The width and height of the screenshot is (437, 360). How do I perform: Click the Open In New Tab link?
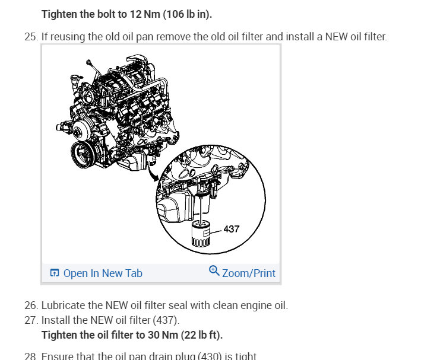(102, 273)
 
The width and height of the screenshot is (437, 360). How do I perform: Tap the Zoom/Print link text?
(248, 273)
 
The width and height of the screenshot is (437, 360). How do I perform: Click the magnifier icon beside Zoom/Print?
(214, 271)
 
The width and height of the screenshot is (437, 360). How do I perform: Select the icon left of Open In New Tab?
(55, 273)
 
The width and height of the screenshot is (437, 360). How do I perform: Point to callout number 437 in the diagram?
(231, 228)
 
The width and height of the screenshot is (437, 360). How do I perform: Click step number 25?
(30, 37)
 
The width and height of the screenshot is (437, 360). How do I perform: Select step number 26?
(30, 305)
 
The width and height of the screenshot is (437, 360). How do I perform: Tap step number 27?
(30, 320)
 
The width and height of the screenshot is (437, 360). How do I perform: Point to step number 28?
(30, 356)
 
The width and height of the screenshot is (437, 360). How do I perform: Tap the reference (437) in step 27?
(166, 320)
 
